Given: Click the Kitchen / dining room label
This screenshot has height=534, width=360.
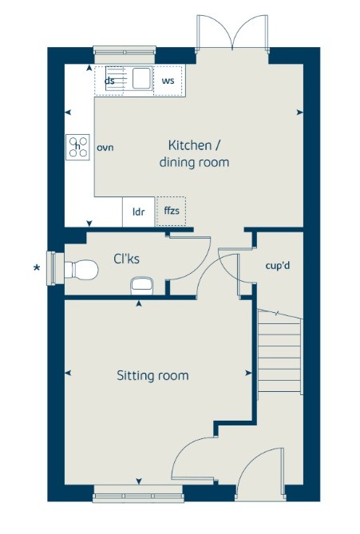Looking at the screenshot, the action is pyautogui.click(x=194, y=153).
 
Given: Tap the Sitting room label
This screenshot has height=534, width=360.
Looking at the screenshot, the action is pyautogui.click(x=152, y=375).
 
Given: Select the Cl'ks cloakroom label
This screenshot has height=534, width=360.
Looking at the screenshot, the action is pyautogui.click(x=126, y=259).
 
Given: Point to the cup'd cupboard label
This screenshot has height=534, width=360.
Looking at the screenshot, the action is pyautogui.click(x=278, y=266).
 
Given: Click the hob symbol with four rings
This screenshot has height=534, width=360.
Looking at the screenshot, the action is pyautogui.click(x=77, y=147).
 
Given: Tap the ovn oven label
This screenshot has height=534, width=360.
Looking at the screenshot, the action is pyautogui.click(x=105, y=148).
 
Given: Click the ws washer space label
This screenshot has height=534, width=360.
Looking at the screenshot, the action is pyautogui.click(x=168, y=81).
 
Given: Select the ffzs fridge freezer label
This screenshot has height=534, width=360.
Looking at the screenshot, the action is pyautogui.click(x=172, y=211).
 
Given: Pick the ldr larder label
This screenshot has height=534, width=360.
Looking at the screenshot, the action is pyautogui.click(x=139, y=212).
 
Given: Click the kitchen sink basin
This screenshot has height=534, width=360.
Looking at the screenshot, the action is pyautogui.click(x=141, y=78).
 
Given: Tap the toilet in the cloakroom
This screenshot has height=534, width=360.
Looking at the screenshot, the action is pyautogui.click(x=81, y=271).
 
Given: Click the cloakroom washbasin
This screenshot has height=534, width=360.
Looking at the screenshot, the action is pyautogui.click(x=141, y=286).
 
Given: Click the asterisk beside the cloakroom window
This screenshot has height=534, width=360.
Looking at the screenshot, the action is pyautogui.click(x=37, y=268).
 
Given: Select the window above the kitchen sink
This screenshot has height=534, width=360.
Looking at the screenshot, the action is pyautogui.click(x=125, y=52).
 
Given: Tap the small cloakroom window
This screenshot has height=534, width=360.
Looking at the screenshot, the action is pyautogui.click(x=52, y=268).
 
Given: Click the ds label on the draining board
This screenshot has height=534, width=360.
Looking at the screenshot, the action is pyautogui.click(x=109, y=81).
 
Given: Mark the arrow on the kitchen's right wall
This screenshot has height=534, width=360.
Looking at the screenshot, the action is pyautogui.click(x=300, y=113).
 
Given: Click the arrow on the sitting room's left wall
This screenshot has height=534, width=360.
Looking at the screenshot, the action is pyautogui.click(x=67, y=374).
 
